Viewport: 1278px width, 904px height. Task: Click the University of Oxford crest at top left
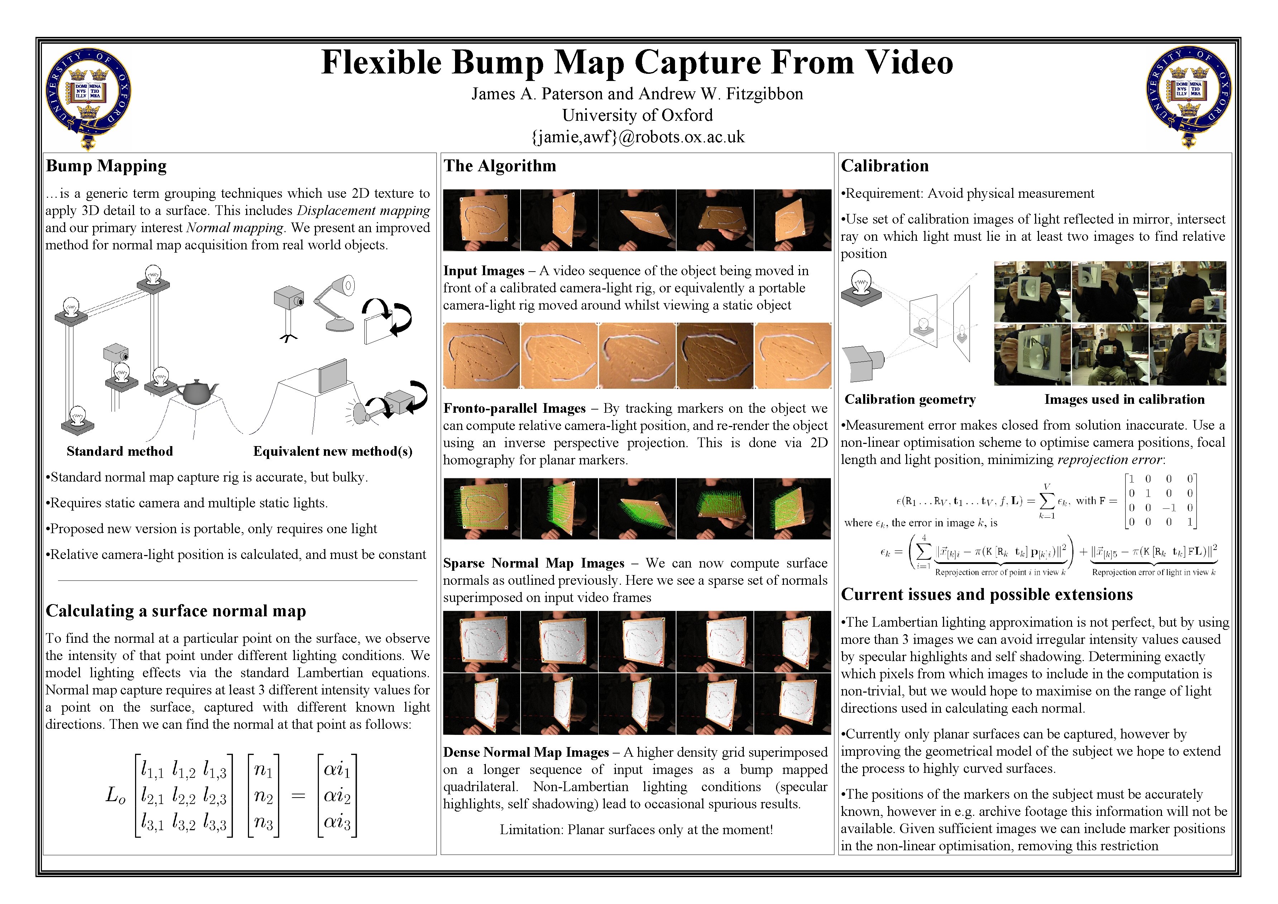(88, 98)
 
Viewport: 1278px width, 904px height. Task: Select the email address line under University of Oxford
(637, 137)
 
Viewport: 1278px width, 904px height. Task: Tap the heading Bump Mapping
(106, 166)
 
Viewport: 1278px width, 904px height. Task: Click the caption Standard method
(120, 451)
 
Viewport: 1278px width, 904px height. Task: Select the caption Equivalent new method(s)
(333, 451)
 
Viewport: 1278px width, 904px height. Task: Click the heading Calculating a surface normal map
(176, 611)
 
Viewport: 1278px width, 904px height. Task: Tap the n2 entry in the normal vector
(263, 796)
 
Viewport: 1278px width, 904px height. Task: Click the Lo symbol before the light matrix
(115, 796)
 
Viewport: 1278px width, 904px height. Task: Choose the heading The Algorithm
(499, 166)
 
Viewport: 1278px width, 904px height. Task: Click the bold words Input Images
(483, 271)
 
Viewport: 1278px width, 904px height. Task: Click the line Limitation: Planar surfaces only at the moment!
(636, 830)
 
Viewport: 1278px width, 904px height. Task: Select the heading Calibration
(885, 166)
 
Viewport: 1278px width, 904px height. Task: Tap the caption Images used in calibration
(1124, 400)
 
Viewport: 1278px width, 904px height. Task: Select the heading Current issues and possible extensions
(986, 594)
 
